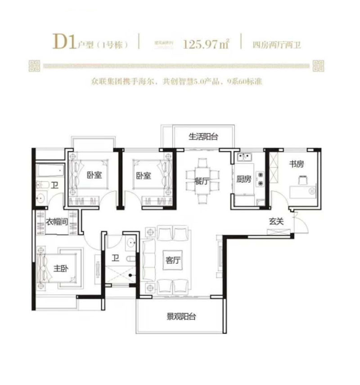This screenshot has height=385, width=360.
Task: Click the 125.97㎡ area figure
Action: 207,44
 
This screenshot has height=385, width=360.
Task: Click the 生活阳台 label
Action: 203,137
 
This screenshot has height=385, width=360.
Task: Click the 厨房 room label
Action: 243,179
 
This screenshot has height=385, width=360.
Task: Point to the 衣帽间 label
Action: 57,222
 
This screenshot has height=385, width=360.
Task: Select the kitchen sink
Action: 245,157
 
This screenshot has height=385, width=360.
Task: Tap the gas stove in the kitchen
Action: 260,179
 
